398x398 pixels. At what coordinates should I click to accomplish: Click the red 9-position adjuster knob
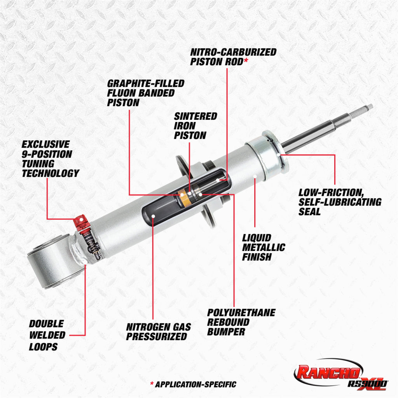tap(81, 222)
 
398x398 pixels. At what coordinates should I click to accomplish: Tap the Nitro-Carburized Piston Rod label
tap(233, 57)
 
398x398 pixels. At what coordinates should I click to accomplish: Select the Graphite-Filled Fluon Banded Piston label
tap(145, 93)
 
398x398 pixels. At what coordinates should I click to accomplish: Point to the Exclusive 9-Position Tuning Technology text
tap(50, 159)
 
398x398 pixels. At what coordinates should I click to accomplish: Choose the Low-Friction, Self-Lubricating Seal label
tap(339, 202)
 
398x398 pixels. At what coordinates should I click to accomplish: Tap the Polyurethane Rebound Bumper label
tap(241, 322)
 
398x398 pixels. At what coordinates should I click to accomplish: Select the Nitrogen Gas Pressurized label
tap(158, 332)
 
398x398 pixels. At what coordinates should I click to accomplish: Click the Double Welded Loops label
tap(47, 335)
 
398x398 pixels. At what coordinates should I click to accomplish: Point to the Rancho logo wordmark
tap(328, 372)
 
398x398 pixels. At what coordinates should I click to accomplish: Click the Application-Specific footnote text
tap(193, 384)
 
